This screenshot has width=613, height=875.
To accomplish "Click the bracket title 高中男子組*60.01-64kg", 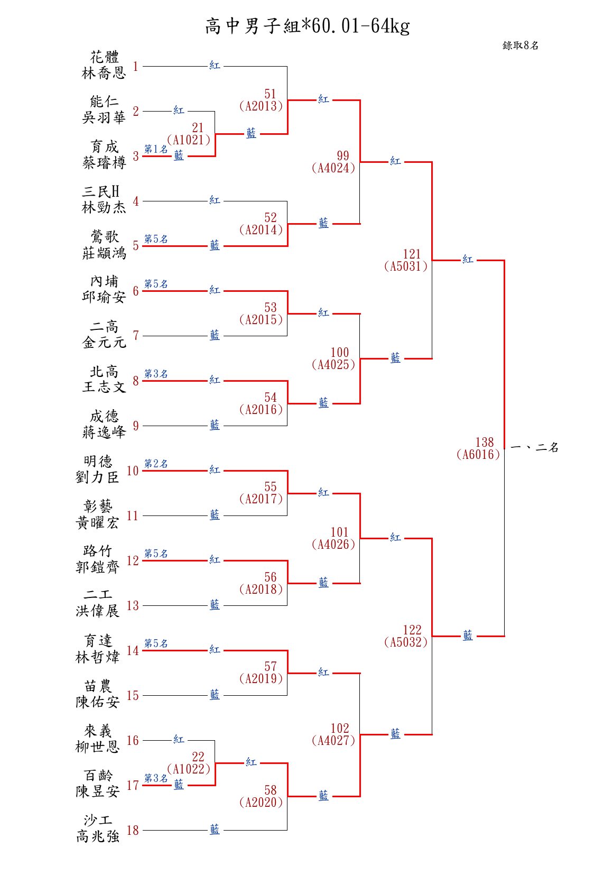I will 307,26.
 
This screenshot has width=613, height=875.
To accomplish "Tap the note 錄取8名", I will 520,45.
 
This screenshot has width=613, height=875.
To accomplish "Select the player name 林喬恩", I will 104,73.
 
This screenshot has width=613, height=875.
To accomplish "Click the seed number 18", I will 133,830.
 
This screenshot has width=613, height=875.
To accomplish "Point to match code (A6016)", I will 478,455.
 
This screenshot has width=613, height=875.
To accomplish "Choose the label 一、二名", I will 535,448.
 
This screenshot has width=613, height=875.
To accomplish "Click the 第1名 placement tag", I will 156,149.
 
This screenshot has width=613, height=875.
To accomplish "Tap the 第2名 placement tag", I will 156,464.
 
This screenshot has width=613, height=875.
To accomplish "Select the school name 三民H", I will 101,191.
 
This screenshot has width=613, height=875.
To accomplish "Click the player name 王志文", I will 104,387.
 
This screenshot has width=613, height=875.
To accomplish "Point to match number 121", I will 412,254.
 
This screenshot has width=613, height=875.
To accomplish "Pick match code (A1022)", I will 189,769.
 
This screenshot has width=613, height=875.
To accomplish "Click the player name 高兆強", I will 98,836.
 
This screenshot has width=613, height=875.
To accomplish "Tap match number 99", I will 343,156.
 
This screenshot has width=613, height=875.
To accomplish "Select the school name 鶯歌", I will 104,236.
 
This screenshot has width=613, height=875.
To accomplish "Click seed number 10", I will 133,471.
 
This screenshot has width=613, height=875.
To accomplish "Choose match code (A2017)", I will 261,499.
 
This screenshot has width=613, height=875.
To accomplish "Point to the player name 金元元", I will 104,343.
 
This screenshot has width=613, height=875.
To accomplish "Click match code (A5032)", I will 406,642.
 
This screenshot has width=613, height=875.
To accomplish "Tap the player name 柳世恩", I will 98,747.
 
